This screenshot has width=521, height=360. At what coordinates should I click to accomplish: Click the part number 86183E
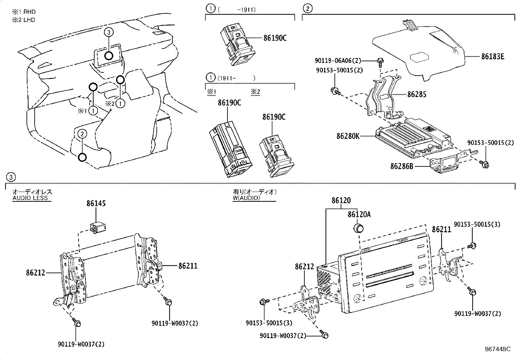click(493, 57)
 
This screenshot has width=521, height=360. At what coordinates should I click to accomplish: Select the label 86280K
click(348, 136)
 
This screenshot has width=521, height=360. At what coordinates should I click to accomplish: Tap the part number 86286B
click(402, 166)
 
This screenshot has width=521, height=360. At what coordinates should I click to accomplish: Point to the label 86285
click(417, 94)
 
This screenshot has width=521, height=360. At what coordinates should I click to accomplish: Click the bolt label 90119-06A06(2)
click(338, 61)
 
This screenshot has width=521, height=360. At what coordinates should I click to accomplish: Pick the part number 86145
click(96, 203)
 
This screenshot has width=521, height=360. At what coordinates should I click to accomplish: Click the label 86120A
click(359, 214)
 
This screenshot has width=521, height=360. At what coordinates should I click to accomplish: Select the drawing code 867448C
click(497, 349)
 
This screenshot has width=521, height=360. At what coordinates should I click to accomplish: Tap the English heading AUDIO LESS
click(30, 198)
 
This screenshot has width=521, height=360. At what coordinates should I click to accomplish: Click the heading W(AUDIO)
click(246, 198)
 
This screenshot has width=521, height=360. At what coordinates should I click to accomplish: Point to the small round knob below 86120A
click(359, 228)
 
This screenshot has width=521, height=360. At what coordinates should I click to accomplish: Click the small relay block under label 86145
click(99, 226)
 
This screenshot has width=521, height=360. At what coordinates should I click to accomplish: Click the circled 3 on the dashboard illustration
click(109, 32)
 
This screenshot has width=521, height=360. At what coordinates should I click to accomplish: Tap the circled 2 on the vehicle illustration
click(82, 133)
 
